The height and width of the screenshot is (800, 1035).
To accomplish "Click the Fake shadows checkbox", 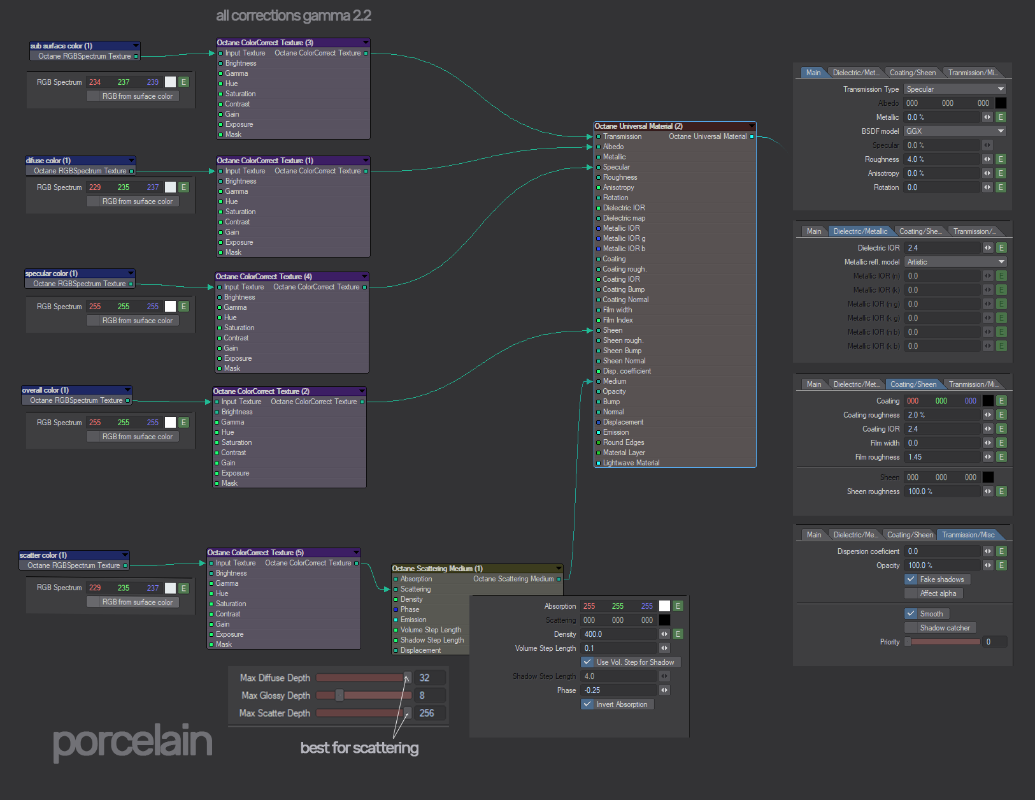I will pos(911,579).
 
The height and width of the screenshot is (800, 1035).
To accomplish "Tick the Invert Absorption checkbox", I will pos(587,704).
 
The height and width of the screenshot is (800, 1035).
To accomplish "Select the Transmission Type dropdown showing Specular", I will pos(955,89).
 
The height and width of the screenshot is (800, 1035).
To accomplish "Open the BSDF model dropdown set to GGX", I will pos(955,131).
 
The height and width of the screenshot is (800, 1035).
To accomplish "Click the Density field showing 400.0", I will pos(618,634).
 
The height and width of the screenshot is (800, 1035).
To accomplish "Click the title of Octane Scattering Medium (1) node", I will pos(438,569).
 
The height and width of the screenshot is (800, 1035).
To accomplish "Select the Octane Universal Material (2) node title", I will pos(638,126).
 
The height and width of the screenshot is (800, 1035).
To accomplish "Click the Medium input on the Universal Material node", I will pos(615,381).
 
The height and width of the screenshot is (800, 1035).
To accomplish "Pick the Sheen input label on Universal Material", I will pos(613,330).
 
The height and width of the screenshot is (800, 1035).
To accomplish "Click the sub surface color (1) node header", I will pos(62,46).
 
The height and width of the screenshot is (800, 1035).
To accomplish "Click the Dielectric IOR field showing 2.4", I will pos(942,248).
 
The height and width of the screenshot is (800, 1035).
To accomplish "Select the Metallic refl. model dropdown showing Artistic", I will pos(955,262).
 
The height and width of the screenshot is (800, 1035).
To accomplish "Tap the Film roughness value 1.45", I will pos(942,457).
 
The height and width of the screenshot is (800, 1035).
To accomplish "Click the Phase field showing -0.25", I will pos(618,690).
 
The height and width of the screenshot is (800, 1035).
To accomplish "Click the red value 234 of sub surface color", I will pos(95,82).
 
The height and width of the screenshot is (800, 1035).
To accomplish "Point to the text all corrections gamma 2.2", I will pos(294,16).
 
